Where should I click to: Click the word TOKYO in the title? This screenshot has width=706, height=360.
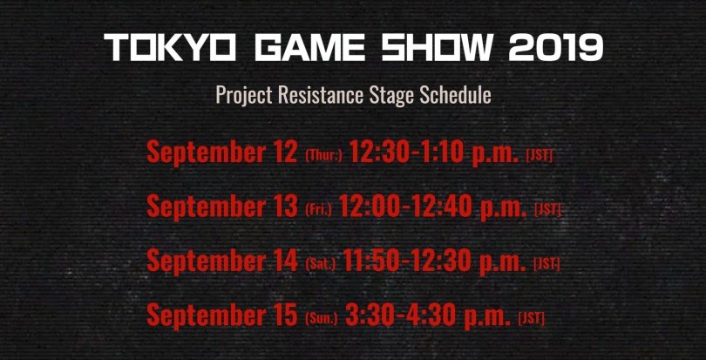(170, 48)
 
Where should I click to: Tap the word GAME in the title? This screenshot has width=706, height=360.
(309, 48)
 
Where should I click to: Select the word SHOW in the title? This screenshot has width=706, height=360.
(438, 48)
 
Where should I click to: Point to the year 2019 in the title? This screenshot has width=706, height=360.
(555, 48)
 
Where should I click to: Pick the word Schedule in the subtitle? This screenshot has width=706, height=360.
(455, 95)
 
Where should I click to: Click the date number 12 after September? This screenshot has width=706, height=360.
(286, 153)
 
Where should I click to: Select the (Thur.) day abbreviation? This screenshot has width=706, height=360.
(323, 156)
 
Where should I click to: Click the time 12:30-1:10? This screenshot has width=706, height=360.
(406, 153)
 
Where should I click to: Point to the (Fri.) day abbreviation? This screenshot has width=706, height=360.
(318, 209)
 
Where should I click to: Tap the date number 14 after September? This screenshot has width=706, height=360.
(286, 261)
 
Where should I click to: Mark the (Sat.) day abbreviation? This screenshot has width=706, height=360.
(320, 264)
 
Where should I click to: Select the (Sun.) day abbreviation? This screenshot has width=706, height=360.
(321, 319)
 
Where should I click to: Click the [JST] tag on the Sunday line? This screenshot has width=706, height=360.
(532, 318)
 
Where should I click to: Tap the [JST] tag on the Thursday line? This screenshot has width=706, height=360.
(540, 155)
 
